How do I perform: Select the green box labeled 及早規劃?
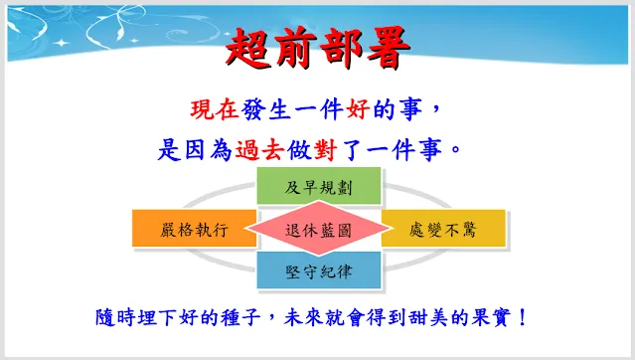pyautogui.click(x=318, y=187)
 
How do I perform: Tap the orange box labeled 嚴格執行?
pyautogui.click(x=195, y=230)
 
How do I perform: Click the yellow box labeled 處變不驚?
pyautogui.click(x=443, y=230)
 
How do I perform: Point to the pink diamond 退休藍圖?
pyautogui.click(x=318, y=230)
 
